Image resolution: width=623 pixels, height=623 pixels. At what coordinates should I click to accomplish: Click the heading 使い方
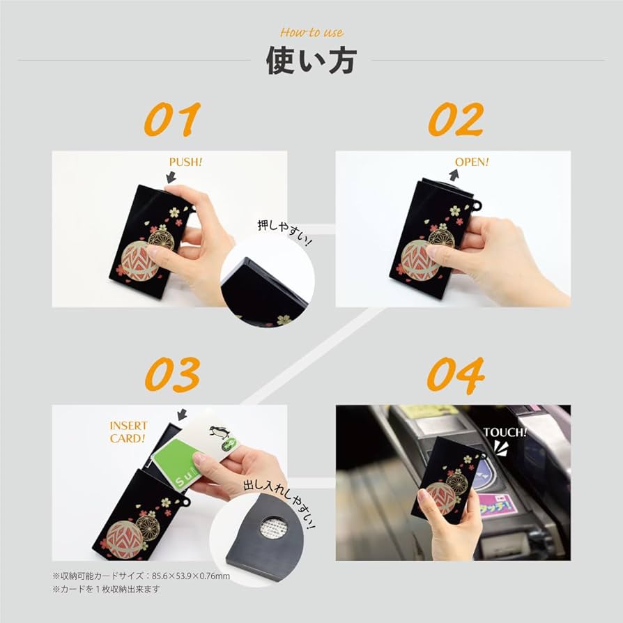(311, 60)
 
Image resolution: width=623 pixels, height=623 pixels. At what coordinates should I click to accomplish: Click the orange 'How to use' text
(311, 33)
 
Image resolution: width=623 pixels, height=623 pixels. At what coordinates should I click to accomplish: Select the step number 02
(455, 119)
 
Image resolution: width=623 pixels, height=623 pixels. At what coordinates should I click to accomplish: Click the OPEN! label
(472, 162)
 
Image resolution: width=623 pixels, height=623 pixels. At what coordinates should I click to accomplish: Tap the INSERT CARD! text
(128, 432)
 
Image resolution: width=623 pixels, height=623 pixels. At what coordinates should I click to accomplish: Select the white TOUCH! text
(505, 432)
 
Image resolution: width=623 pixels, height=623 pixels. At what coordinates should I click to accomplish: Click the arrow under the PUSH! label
(170, 178)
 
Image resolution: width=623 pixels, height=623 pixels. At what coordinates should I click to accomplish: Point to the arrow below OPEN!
(454, 176)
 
